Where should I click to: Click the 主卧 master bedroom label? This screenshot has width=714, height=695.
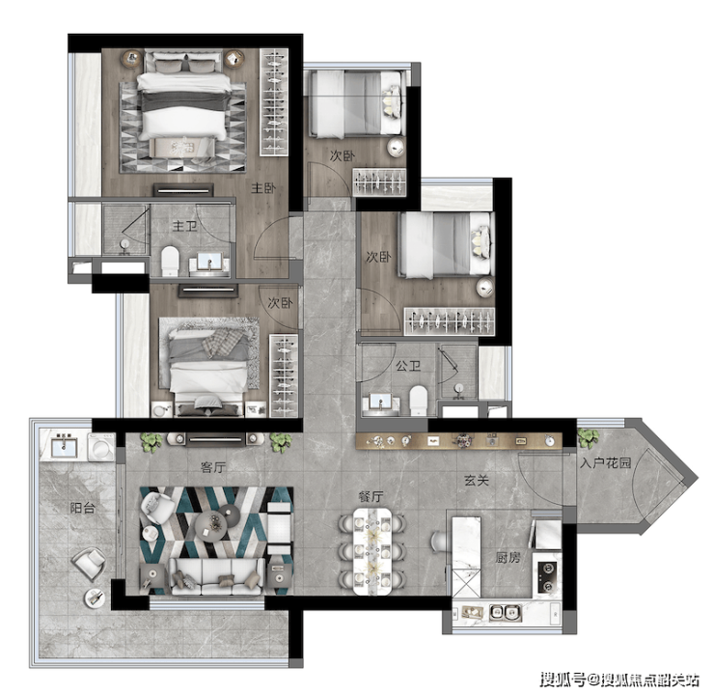click(x=263, y=187)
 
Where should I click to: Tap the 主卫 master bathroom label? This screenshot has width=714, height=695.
click(x=184, y=226)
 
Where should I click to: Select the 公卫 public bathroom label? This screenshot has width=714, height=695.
click(x=408, y=366)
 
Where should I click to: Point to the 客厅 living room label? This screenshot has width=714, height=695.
click(x=213, y=467)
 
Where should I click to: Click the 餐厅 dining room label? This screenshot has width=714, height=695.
click(x=371, y=496)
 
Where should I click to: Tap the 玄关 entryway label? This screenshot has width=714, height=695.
click(x=477, y=480)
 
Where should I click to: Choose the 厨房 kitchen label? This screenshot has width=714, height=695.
click(x=508, y=558)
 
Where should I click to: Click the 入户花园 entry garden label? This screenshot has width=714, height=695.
click(x=606, y=462)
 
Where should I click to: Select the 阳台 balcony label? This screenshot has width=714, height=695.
click(x=82, y=508)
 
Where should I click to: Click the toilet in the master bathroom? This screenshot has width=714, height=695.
click(x=170, y=261)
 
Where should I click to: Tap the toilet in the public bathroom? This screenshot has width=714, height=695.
click(x=418, y=401)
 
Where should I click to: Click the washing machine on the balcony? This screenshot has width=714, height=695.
click(x=102, y=447)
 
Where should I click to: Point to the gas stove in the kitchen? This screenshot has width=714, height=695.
click(x=546, y=577)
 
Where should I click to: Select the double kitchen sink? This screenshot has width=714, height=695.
click(x=506, y=613)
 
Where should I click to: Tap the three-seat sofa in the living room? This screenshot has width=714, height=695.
click(x=217, y=576)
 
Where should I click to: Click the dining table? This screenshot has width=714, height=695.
click(x=372, y=551)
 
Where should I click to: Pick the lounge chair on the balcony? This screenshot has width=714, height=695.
click(x=89, y=564)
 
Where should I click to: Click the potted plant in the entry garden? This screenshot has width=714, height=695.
click(x=588, y=437)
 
